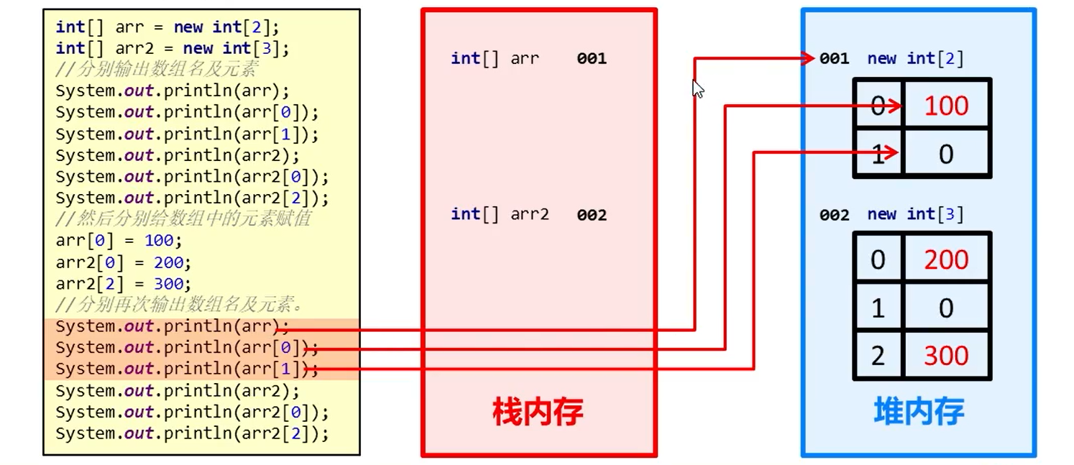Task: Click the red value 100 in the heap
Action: [946, 106]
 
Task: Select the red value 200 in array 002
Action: [946, 260]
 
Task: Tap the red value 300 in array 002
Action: [946, 356]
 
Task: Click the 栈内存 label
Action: [538, 412]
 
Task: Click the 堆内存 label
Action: [919, 412]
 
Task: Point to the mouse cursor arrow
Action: [697, 88]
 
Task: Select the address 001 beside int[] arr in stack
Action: [592, 59]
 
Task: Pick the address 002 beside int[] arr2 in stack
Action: [592, 215]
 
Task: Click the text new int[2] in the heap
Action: [915, 59]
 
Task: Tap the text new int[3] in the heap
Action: [915, 214]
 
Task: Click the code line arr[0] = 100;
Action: [119, 241]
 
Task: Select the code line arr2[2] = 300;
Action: [123, 283]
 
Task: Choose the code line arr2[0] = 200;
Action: [123, 262]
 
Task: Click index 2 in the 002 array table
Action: [878, 356]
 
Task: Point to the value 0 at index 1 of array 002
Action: [946, 308]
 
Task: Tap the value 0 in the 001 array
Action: [946, 154]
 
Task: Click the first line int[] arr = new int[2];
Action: [167, 27]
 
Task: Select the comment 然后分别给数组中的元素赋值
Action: [183, 218]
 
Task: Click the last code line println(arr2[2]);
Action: [192, 433]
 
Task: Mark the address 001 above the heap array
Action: [834, 59]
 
